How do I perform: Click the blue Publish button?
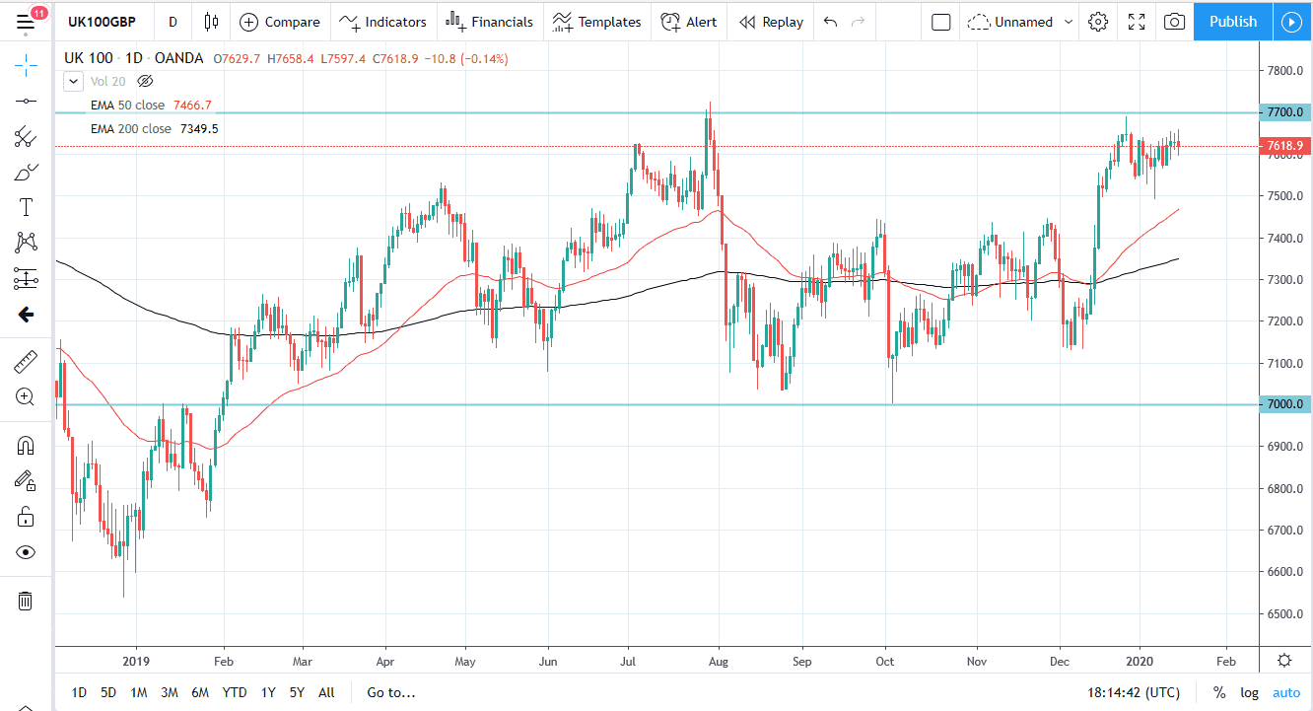1232,22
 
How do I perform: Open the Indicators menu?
383,22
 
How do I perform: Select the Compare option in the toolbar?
280,22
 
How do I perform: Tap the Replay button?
771,22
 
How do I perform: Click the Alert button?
689,22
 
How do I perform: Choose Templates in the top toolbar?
596,22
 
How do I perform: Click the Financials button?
489,22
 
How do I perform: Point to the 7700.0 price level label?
1285,112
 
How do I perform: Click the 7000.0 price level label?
1285,404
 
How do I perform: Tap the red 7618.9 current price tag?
1285,146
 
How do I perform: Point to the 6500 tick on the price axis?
1285,614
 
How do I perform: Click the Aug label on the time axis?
719,661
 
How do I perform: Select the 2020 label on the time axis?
1140,661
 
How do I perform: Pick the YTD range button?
235,692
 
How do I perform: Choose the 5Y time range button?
297,692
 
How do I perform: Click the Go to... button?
390,692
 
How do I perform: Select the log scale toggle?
1249,692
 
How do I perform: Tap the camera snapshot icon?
1173,22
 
